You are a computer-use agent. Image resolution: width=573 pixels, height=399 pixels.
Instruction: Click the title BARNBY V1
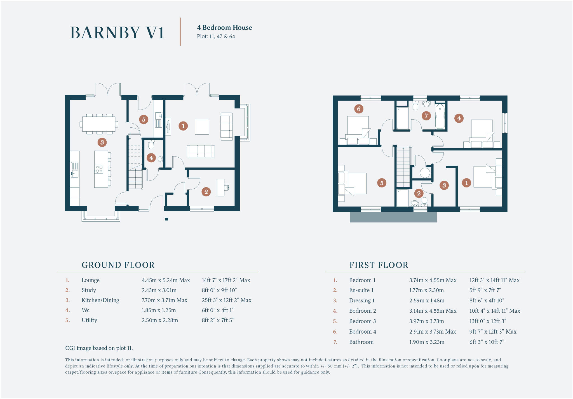click(117, 33)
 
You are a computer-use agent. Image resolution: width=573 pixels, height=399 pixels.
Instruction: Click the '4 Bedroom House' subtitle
click(224, 27)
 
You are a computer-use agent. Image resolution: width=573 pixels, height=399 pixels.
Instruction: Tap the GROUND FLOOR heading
click(118, 265)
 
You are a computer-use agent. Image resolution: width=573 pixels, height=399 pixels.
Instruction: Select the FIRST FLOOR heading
click(379, 265)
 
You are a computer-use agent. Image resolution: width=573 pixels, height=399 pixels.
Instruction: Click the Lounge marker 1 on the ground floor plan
click(183, 126)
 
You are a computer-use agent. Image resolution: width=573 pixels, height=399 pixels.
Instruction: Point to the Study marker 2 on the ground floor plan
click(206, 192)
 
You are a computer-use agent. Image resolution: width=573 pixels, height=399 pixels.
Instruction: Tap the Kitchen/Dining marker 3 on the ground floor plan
click(102, 142)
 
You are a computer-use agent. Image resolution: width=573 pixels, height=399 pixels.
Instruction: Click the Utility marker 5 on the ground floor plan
click(144, 120)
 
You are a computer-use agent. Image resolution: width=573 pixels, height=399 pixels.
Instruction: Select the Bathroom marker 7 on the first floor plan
click(426, 116)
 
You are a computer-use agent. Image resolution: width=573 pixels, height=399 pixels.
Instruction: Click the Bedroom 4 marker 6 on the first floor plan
click(359, 109)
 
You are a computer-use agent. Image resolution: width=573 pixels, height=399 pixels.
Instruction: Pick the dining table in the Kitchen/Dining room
click(99, 124)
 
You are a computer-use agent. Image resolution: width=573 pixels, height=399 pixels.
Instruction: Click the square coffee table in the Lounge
click(202, 127)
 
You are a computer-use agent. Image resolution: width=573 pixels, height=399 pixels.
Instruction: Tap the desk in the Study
click(221, 187)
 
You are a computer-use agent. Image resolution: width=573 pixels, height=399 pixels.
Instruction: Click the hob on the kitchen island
click(99, 169)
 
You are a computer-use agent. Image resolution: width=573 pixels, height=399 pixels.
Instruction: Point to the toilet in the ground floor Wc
click(151, 145)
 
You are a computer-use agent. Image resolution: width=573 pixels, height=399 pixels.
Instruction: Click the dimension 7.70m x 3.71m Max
click(165, 300)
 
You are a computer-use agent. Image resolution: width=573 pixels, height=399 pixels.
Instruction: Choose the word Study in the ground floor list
click(89, 290)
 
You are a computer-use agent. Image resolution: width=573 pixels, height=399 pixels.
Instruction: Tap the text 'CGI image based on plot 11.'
click(99, 348)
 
